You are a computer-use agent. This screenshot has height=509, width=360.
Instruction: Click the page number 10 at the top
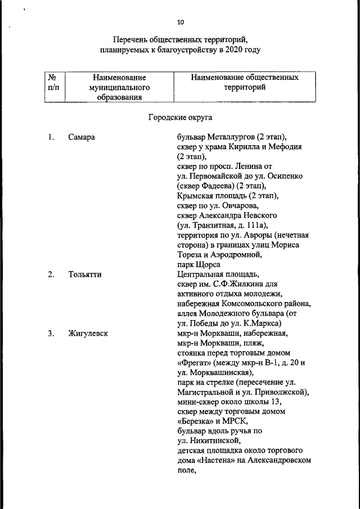click(180, 22)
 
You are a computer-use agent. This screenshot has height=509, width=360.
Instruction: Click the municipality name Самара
click(82, 137)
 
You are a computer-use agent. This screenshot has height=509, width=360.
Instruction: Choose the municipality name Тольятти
click(84, 274)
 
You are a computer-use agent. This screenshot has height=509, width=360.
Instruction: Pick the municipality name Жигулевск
click(88, 334)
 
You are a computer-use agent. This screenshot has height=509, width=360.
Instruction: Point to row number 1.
click(51, 137)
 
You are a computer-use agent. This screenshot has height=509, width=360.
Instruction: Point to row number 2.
click(51, 274)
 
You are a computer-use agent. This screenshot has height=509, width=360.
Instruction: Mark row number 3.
click(51, 334)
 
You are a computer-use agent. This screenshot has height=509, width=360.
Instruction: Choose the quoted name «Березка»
click(195, 422)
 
